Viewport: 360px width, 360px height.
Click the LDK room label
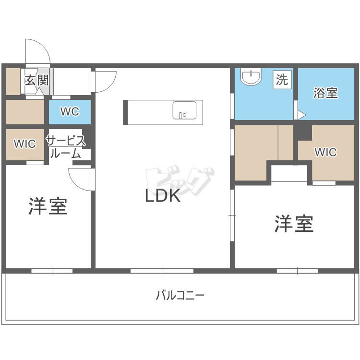point(163,195)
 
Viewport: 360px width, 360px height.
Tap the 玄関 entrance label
point(37,80)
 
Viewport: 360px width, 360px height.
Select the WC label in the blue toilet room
point(70,111)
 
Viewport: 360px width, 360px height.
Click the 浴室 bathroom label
point(325,93)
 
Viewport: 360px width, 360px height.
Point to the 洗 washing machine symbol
point(282,79)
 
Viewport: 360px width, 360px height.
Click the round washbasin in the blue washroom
point(251,78)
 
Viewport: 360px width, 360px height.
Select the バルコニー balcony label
point(180,295)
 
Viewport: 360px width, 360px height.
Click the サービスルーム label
point(65,147)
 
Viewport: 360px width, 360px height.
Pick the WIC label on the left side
point(24,144)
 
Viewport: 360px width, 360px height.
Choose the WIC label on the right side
point(325,152)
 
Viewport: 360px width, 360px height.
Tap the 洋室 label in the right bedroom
point(294,224)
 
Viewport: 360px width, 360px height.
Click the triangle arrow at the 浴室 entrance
point(301,115)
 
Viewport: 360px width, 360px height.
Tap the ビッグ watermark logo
point(179,180)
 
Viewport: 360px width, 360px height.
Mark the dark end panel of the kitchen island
point(126,112)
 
